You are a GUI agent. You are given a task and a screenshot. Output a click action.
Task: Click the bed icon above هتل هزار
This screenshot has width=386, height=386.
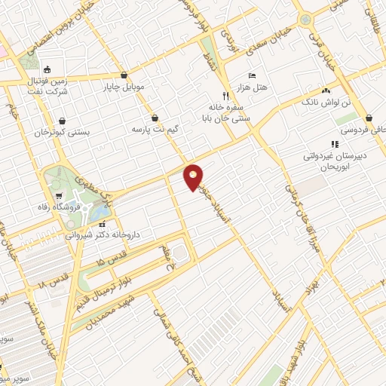point(252,76)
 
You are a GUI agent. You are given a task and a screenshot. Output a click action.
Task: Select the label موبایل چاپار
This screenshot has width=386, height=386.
point(124,87)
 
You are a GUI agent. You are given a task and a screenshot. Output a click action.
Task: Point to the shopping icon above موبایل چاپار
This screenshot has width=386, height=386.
point(124,75)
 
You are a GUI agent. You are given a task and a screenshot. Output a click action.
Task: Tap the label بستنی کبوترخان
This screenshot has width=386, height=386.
point(62,132)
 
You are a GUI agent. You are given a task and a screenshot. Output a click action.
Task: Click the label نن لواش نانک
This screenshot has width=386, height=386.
point(326,101)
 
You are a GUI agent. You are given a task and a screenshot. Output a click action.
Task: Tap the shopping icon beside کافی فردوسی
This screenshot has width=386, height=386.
point(369,118)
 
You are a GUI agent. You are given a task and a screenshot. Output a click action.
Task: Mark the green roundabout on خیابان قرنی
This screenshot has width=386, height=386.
point(305,20)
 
